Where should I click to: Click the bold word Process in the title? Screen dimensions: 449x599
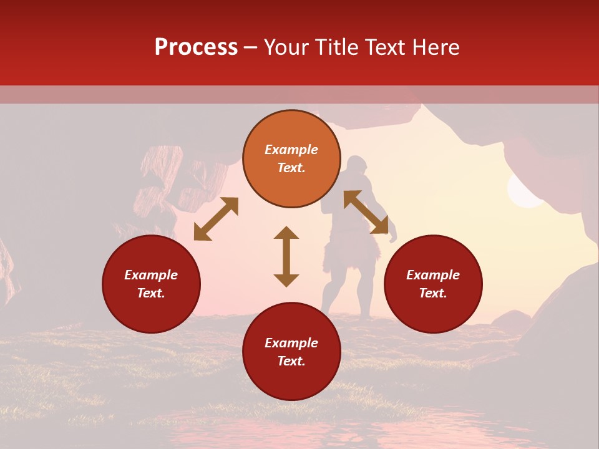[x=196, y=47]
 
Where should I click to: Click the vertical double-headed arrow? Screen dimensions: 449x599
[x=286, y=256]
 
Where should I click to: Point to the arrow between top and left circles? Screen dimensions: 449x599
[x=216, y=219]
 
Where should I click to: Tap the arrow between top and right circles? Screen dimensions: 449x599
[x=366, y=212]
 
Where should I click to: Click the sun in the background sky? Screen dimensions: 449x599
[x=524, y=190]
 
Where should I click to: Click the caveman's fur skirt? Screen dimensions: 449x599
[x=349, y=253]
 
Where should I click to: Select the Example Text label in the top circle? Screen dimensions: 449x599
[x=291, y=158]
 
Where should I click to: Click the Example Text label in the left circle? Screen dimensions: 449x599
[x=151, y=284]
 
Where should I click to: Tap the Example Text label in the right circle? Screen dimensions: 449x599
[x=432, y=284]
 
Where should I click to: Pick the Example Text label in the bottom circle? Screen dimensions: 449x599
[x=291, y=352]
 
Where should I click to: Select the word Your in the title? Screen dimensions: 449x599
[x=286, y=47]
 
